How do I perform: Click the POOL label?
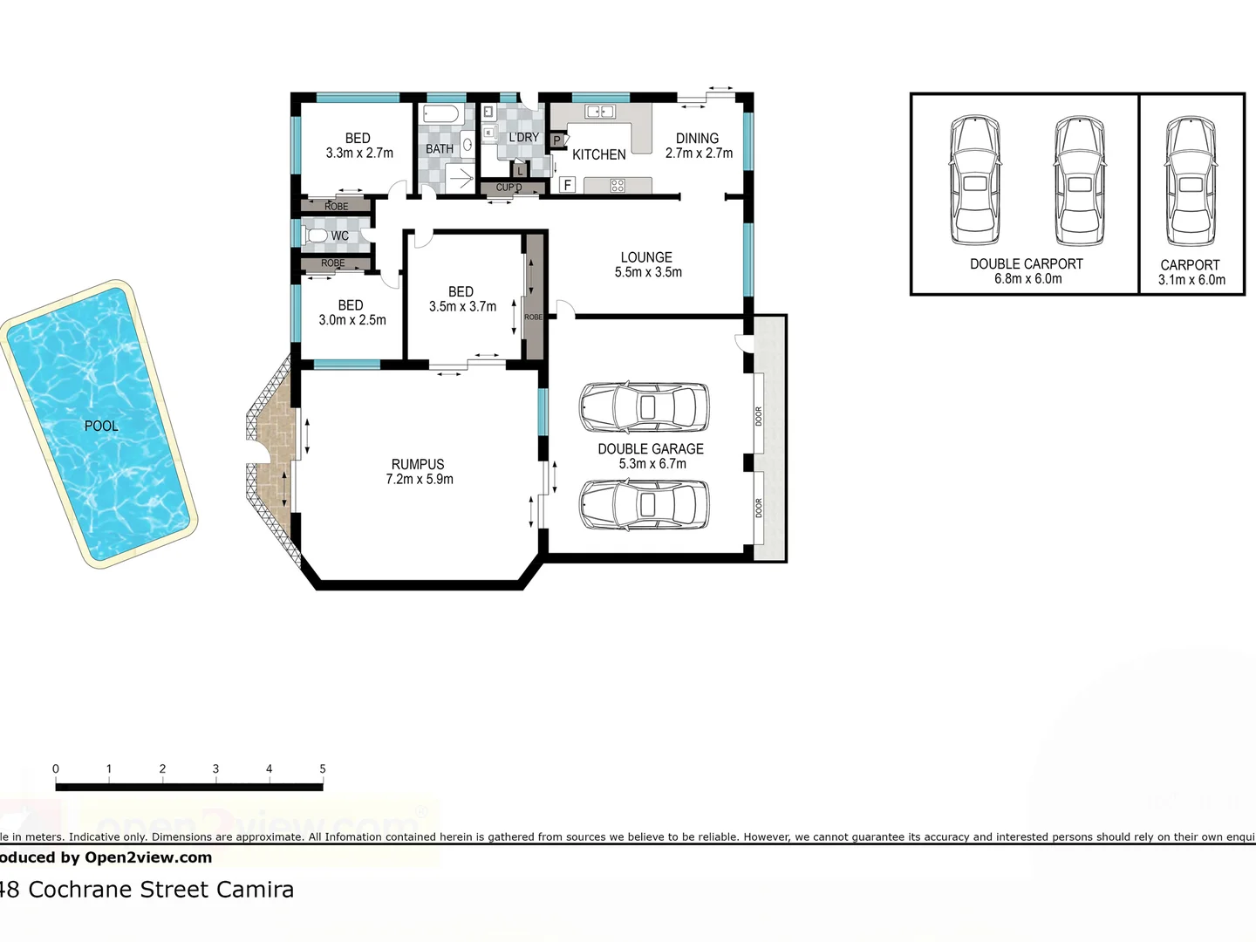[101, 426]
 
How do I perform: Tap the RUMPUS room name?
[418, 465]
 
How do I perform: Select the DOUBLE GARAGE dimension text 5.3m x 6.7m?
[652, 464]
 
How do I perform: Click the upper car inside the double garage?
[644, 407]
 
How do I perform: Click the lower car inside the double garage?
[644, 504]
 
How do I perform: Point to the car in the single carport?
[1191, 182]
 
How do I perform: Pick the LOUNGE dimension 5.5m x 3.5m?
[648, 272]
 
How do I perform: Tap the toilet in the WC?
[317, 235]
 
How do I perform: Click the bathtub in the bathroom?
[440, 114]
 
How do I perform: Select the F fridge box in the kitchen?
[568, 185]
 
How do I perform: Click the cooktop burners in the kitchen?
[618, 185]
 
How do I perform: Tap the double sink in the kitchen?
[600, 112]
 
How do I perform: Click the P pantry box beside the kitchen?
[556, 140]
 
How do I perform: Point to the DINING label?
[697, 138]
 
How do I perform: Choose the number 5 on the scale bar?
[322, 768]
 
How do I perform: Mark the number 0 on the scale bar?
[56, 768]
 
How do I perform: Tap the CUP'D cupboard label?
[509, 188]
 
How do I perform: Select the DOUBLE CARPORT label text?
[1026, 264]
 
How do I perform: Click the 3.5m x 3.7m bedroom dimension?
[462, 307]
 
